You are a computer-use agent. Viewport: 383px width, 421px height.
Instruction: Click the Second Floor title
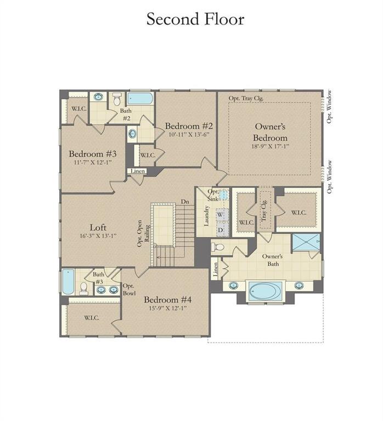coord(195,19)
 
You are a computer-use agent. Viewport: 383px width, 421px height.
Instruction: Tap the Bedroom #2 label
coord(189,126)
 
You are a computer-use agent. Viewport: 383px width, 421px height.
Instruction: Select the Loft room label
coord(98,227)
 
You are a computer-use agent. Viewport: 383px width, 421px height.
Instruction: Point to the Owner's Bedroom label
coord(269,132)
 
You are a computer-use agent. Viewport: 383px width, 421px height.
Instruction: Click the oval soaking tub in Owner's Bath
coord(265,290)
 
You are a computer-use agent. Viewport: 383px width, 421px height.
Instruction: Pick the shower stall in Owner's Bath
coord(306,242)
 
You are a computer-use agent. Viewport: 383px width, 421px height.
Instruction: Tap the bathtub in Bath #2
coord(140,99)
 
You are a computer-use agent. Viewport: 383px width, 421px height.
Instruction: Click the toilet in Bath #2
coord(116,99)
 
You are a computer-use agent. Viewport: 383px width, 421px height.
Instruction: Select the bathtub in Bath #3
coord(68,281)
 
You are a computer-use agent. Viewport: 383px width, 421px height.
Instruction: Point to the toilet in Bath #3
coord(84,287)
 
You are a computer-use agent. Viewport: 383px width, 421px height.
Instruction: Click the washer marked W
coord(221,215)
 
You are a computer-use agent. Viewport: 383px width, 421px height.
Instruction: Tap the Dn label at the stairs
coord(185,202)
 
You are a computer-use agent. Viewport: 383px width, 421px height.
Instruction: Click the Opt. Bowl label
coord(129,289)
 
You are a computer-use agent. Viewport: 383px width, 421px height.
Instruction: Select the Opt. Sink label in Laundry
coord(212,195)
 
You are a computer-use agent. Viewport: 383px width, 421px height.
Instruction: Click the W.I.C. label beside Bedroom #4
coord(91,318)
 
